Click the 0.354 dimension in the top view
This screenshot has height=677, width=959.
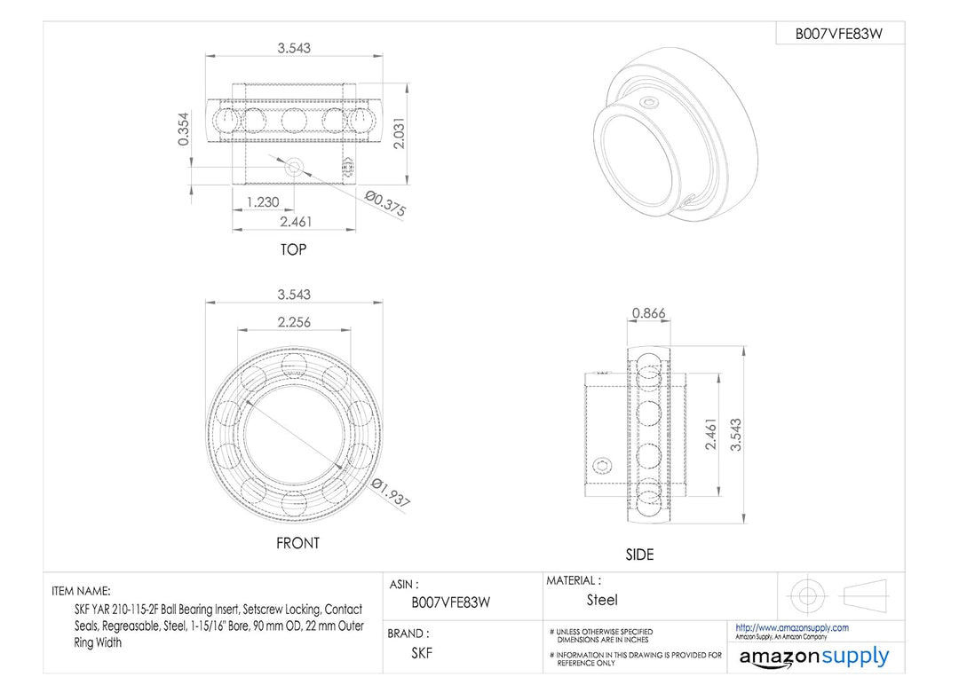[184, 129]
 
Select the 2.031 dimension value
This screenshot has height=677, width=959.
[400, 133]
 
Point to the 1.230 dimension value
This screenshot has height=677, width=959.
[262, 201]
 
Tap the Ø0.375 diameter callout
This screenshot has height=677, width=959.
[384, 201]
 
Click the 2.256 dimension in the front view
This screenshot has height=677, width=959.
[294, 321]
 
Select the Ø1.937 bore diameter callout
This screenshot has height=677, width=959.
[392, 492]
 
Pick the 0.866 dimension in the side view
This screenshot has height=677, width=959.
[647, 313]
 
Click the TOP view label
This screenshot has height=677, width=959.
[293, 249]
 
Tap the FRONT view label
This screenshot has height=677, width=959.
[297, 543]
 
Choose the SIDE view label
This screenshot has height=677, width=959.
[639, 555]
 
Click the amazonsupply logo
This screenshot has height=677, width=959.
[813, 657]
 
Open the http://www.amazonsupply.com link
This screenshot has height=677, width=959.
[792, 627]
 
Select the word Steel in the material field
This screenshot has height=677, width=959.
[602, 601]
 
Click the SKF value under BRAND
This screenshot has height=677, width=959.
[422, 653]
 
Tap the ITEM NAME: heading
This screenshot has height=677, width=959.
[82, 590]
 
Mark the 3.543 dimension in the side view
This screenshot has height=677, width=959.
[734, 435]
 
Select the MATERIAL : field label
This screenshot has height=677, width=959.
[573, 580]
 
